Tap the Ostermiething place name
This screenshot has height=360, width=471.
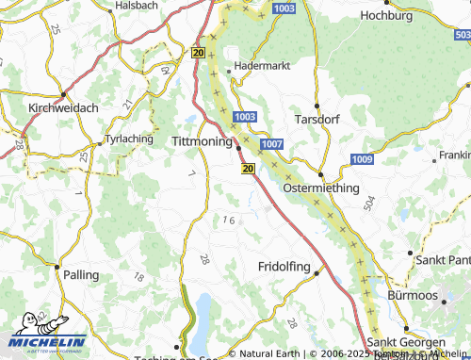[321, 188]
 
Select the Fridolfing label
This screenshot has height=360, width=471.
[284, 267]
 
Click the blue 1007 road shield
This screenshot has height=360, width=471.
[271, 143]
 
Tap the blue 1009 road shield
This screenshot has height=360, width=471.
[362, 159]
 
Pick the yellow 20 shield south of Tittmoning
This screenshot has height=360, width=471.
[248, 168]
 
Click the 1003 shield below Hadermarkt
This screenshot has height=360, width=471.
[243, 116]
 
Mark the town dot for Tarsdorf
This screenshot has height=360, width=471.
[317, 106]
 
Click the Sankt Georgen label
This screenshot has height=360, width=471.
[406, 342]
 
